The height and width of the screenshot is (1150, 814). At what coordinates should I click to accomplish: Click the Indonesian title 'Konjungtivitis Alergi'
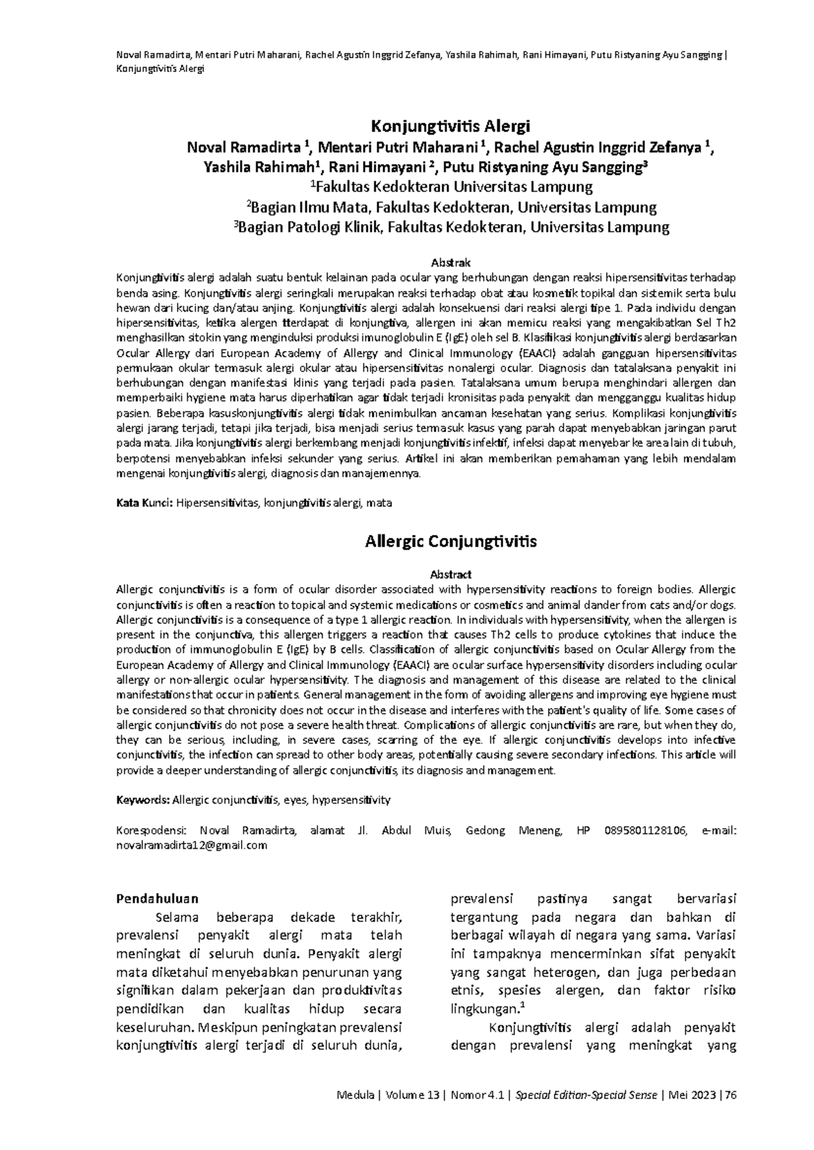pos(449,127)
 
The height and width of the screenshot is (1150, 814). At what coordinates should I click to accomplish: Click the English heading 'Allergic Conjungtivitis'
pos(450,542)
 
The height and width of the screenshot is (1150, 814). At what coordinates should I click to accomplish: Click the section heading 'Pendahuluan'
pos(157,899)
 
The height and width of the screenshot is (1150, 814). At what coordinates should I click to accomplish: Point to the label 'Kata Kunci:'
pos(145,504)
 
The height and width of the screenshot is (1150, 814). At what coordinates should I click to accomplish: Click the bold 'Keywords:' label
pos(142,800)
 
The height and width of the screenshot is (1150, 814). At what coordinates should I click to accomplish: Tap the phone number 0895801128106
pos(645,831)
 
